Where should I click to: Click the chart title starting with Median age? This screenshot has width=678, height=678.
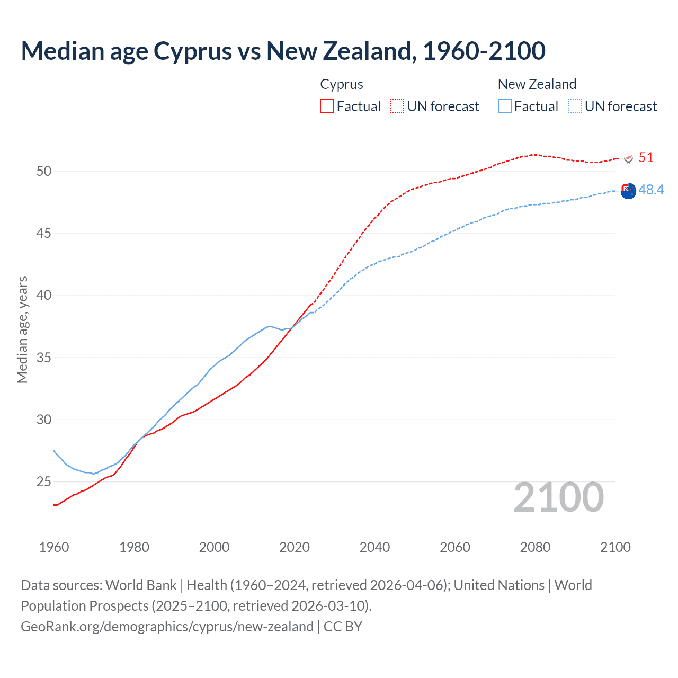coord(283,51)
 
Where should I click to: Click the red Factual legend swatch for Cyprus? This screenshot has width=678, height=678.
coord(327,106)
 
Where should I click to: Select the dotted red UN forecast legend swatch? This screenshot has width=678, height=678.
coord(397,106)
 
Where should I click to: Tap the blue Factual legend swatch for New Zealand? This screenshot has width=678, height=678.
coord(505,106)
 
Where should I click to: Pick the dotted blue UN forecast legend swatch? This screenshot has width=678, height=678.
coord(575,106)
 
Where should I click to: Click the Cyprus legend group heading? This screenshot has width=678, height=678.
coord(342,84)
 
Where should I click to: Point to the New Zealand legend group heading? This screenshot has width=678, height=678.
coord(537,84)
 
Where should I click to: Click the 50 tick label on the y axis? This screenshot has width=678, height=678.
coord(44,171)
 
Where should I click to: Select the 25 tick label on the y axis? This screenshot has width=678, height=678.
coord(44,481)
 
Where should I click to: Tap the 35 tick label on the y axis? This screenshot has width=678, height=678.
coord(44,358)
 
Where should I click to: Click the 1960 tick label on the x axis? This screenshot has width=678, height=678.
coord(54,547)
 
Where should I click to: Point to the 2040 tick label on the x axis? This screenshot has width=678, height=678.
coord(374,547)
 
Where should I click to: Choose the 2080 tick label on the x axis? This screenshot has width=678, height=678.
coord(535,547)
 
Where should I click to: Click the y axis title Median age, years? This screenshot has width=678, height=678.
coord(22,329)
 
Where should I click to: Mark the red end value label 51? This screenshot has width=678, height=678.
coord(646,157)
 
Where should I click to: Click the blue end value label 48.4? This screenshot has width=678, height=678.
coord(651,190)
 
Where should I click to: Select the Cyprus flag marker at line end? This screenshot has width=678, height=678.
coord(629,158)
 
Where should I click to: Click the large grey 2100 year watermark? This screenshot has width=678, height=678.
coord(558,497)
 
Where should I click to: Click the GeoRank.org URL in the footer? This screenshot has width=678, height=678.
coord(167,626)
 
